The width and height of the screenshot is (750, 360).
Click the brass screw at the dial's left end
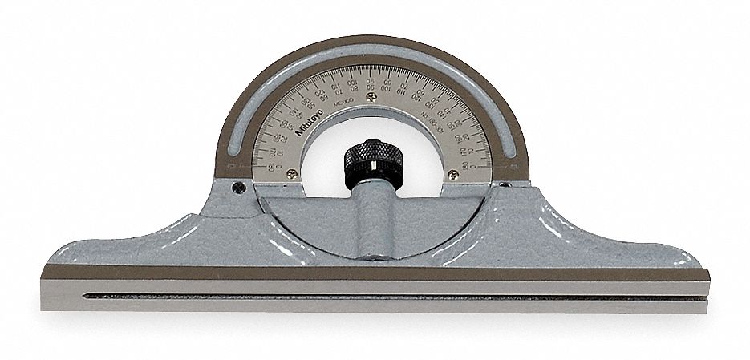[291, 173]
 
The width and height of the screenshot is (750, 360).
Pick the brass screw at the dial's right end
[454, 174]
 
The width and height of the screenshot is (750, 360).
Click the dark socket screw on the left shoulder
[237, 189]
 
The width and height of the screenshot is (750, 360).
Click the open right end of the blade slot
[706, 298]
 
